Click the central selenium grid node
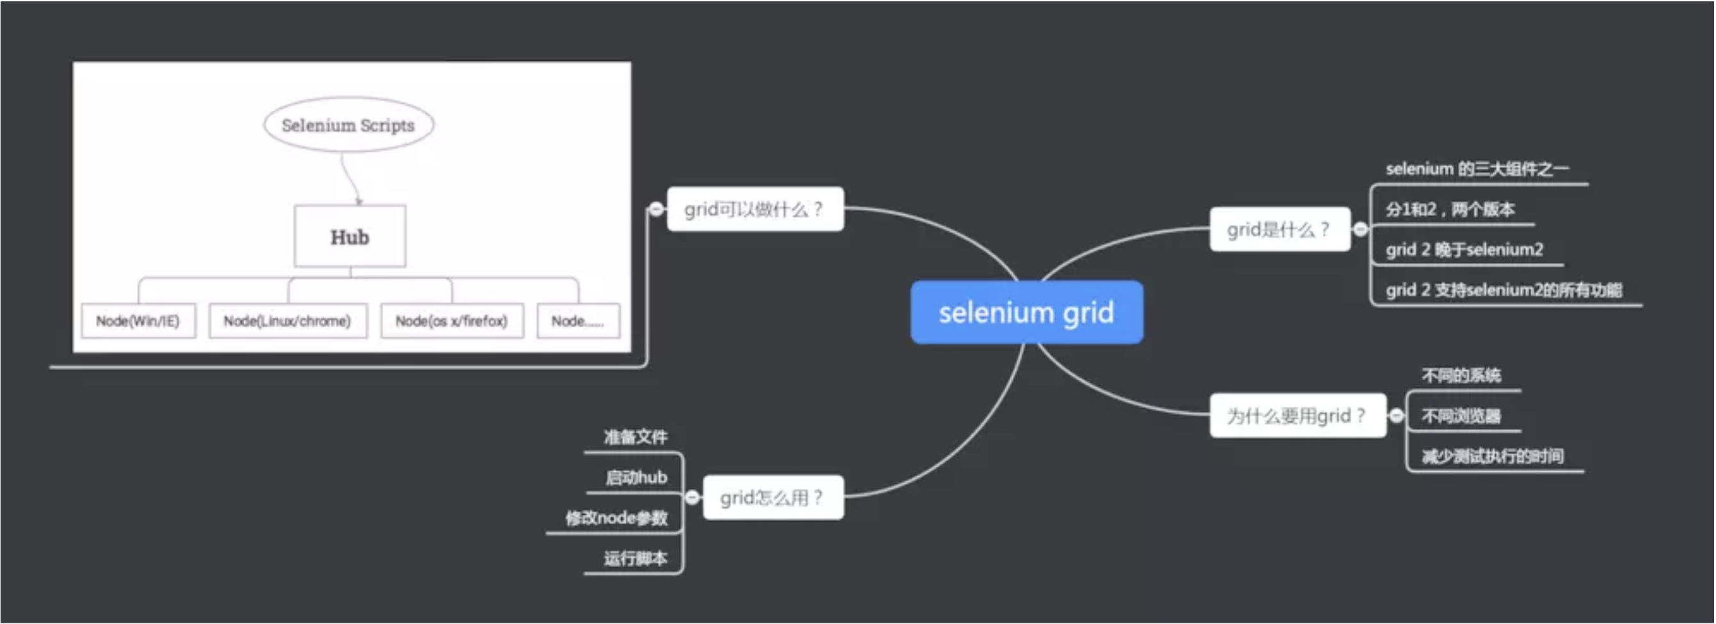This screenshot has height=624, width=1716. coord(1026,313)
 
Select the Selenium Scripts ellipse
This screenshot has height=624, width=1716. coord(349,125)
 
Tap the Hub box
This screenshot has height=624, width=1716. coord(350,237)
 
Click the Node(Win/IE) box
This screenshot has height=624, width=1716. coord(138,321)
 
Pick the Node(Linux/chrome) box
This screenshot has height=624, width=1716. coord(287,321)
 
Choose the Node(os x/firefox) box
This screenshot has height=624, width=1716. coord(452,321)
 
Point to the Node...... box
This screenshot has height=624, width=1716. coord(578,321)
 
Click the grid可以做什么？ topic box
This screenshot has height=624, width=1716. coord(755,209)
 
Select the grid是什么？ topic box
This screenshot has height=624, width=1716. coord(1279,229)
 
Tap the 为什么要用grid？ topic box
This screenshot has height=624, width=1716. coord(1297,416)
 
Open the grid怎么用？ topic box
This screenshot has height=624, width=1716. coord(773,497)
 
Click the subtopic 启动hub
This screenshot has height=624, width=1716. coord(635,478)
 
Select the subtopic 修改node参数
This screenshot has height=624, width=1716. coord(616,518)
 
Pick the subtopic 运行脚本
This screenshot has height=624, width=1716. coord(635,558)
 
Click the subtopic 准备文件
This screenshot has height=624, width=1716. coord(635,437)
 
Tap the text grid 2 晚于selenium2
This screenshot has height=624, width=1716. coord(1464,250)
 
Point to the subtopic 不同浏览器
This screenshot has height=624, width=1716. coord(1461,416)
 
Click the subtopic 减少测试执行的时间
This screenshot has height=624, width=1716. coord(1492,456)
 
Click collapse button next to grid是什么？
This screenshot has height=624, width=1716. coord(1360,229)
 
